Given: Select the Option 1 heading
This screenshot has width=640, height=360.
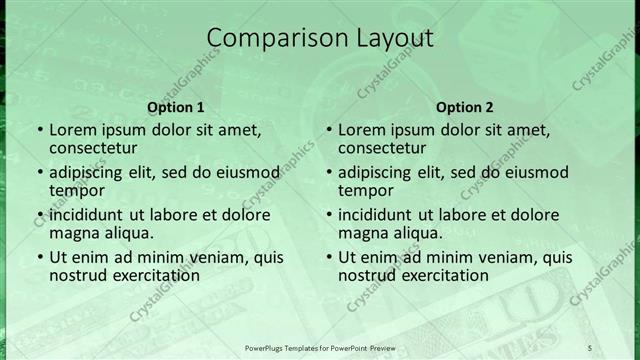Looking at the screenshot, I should click(176, 107).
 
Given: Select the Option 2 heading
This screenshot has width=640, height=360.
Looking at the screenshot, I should click(465, 107).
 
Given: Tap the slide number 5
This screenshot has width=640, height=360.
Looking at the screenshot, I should click(590, 346).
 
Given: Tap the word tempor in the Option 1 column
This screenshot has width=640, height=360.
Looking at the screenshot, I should click(75, 190).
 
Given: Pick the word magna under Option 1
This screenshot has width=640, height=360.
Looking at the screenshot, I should click(73, 233).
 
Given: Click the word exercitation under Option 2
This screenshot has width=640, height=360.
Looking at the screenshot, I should click(442, 275).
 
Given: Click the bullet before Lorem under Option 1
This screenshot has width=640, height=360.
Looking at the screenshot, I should click(39, 130).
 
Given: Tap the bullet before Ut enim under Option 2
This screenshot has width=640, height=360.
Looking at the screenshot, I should click(328, 257).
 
